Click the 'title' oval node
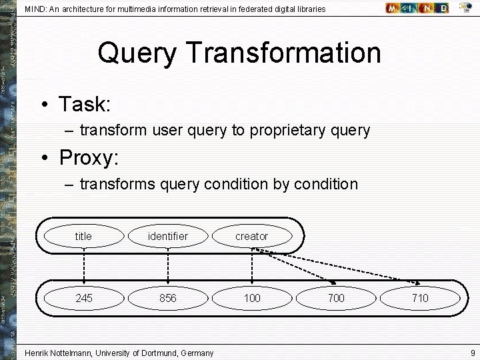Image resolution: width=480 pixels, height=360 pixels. click(83, 236)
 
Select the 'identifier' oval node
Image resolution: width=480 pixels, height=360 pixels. click(168, 236)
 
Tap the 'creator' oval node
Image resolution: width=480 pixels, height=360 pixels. click(251, 236)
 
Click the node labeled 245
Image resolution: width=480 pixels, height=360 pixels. click(83, 298)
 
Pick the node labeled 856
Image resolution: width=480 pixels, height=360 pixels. click(168, 298)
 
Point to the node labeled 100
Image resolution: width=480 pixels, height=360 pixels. click(252, 298)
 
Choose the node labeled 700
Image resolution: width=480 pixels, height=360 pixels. click(336, 298)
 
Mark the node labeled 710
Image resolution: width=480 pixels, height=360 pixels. click(420, 298)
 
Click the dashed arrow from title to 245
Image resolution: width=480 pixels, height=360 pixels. click(83, 267)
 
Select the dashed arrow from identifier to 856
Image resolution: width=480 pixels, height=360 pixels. click(168, 267)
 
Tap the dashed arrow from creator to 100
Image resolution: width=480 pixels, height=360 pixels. click(252, 267)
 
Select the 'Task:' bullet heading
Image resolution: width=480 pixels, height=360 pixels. click(84, 104)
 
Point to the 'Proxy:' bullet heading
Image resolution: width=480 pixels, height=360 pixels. click(89, 157)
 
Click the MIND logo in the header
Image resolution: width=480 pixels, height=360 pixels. click(417, 8)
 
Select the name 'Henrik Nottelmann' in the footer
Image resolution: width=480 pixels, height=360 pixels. click(62, 353)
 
